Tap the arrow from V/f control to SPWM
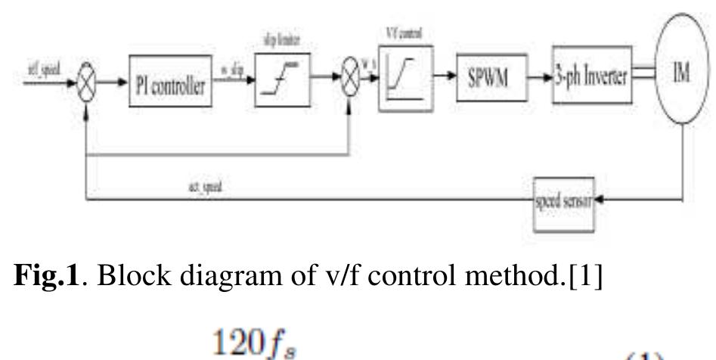(x=442, y=79)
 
